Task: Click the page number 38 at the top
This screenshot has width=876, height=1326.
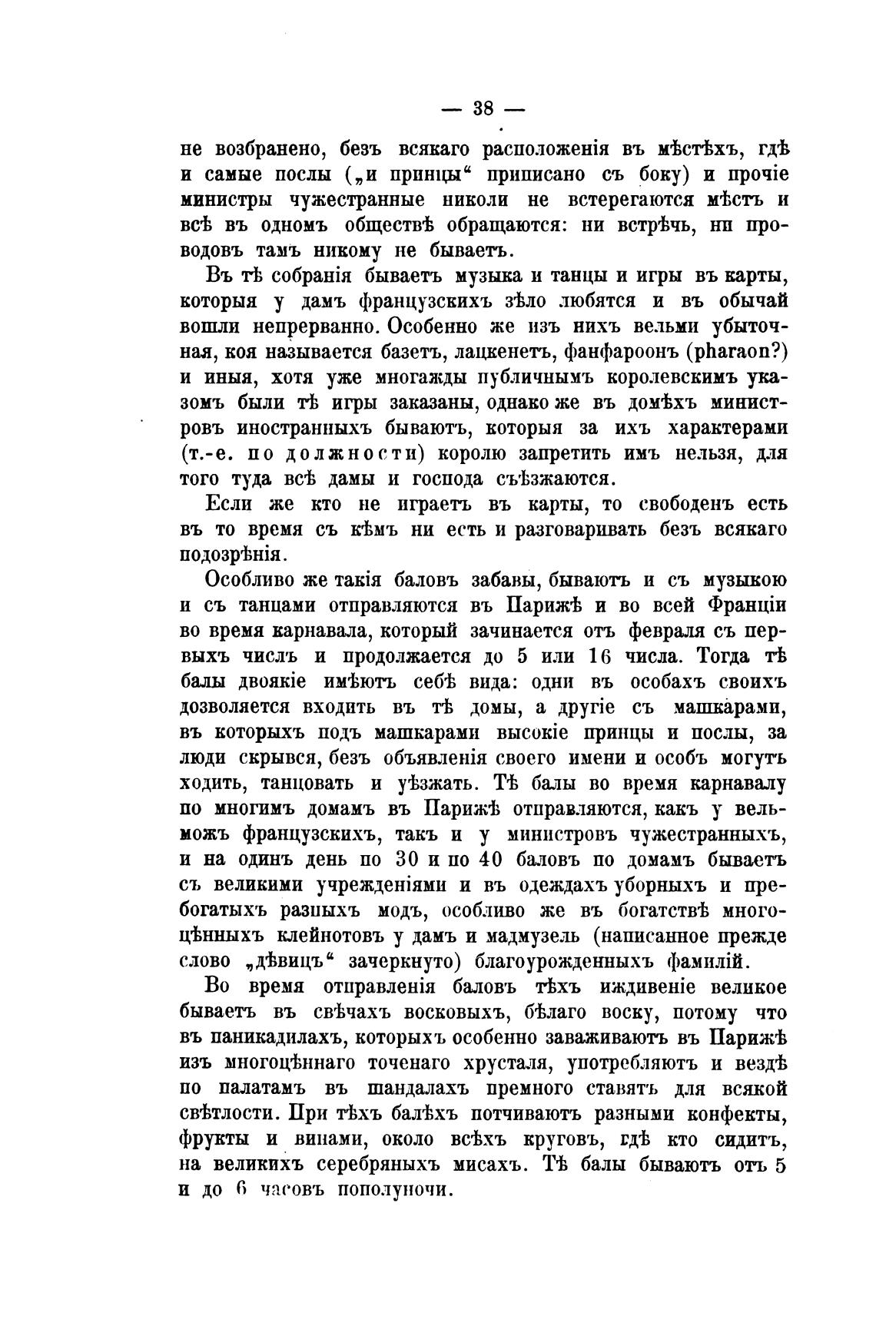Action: [483, 108]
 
